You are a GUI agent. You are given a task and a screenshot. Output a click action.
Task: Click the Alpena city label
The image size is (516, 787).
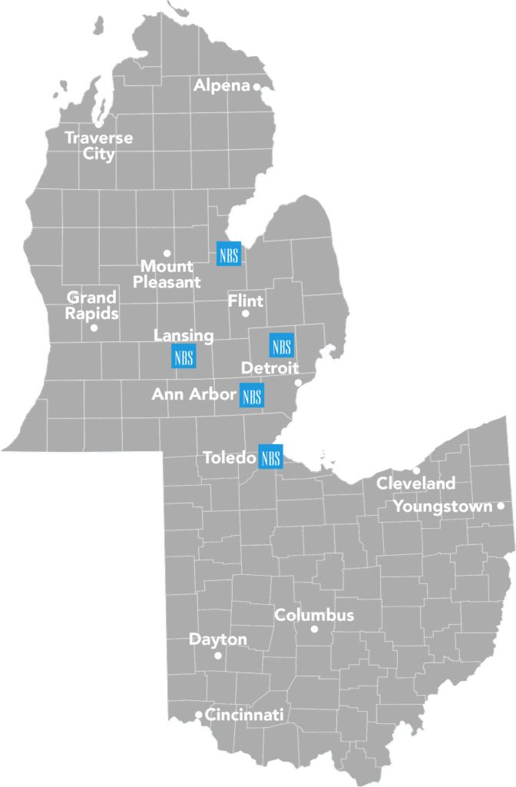tap(221, 86)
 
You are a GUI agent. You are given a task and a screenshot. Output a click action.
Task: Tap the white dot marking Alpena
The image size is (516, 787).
tap(257, 87)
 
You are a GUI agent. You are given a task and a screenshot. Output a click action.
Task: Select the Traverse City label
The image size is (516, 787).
tap(98, 146)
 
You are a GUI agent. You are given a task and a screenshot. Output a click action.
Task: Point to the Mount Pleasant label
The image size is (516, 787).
tap(167, 274)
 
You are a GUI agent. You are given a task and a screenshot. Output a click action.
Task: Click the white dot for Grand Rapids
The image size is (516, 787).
tap(94, 328)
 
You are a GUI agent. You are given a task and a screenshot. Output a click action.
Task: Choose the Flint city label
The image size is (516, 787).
tap(246, 301)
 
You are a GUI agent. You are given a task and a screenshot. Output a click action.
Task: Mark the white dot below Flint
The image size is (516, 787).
tap(246, 314)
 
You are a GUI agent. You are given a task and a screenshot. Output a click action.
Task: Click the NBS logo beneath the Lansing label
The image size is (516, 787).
tap(184, 357)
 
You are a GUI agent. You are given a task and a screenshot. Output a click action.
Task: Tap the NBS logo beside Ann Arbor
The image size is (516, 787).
tap(252, 396)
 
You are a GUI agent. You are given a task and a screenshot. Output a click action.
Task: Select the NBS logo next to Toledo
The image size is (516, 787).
tap(271, 457)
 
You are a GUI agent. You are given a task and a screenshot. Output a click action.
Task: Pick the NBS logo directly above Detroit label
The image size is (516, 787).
tap(281, 345)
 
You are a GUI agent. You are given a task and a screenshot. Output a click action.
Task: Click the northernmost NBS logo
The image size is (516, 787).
tap(229, 254)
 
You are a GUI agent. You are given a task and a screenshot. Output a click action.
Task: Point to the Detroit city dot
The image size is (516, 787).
tap(299, 383)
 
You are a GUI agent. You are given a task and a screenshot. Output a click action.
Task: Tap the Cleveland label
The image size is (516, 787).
tap(415, 484)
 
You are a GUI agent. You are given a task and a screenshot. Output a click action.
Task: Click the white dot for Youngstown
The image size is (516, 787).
tap(501, 506)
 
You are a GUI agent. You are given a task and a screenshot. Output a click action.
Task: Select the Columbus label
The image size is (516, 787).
tap(314, 615)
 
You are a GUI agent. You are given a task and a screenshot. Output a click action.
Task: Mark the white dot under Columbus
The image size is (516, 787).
tap(314, 629)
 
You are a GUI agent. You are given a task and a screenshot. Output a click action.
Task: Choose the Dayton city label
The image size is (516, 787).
tap(218, 639)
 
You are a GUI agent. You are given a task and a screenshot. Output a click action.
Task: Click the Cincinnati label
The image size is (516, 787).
tap(245, 715)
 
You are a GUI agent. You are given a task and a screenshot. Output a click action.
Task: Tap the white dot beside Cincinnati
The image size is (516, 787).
tap(199, 715)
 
